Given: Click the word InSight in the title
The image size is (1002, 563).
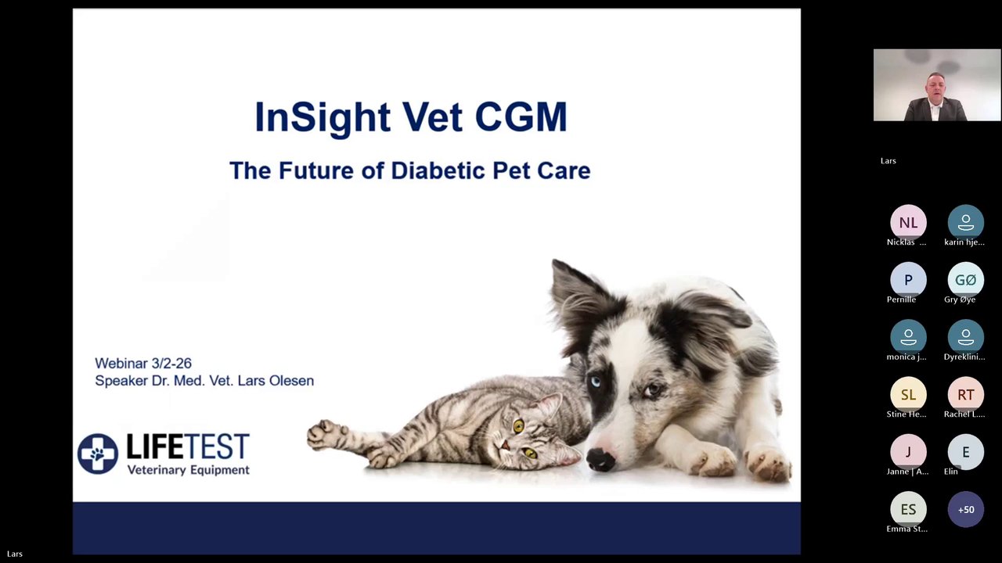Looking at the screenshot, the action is tap(323, 117).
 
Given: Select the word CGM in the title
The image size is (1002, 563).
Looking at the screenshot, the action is tap(521, 117).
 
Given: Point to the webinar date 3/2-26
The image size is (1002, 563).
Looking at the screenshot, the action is tap(171, 364).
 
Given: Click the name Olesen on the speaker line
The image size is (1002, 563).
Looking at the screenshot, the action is tap(291, 381).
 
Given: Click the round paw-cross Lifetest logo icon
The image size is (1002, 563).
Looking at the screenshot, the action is tap(98, 454).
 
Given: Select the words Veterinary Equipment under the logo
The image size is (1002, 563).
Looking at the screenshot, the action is tap(189, 470).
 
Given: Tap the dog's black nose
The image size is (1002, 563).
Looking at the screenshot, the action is tap(600, 459).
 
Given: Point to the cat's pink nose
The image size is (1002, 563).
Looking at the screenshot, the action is tap(505, 445).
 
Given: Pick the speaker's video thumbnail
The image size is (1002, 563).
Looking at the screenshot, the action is tap(937, 85).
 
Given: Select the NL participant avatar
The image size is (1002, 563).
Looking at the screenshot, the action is tap(908, 223).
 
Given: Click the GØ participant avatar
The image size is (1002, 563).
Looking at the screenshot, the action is tap(965, 280).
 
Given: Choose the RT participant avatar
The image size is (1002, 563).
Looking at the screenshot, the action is tap(965, 395).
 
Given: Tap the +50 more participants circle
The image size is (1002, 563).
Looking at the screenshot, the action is tap(965, 509).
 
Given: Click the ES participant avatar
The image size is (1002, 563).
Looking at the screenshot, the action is tap(908, 509).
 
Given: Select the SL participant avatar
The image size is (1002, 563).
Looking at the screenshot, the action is tap(908, 395).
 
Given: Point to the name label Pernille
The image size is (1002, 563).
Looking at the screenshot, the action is tap(901, 299).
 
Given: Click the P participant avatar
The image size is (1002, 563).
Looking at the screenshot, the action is tap(908, 280).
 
